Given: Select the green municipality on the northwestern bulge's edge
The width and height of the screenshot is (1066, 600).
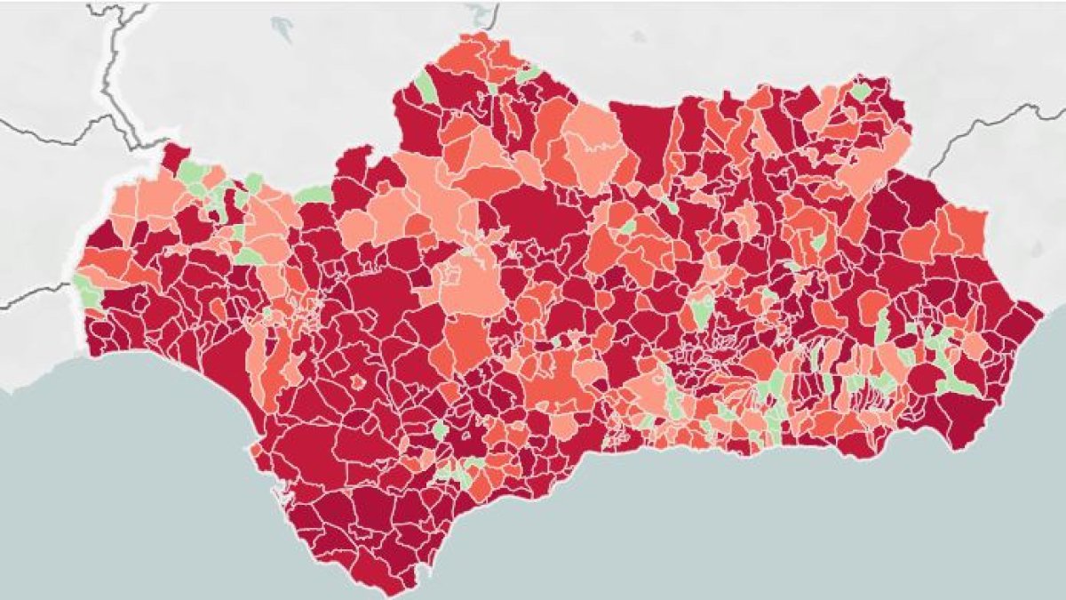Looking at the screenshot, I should click(426, 87).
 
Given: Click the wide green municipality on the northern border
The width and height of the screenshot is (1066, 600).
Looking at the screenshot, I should click(313, 194).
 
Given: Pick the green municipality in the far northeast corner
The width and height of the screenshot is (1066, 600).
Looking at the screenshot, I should click(859, 91).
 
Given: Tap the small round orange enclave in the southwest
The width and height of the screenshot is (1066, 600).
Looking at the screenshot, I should click(358, 382).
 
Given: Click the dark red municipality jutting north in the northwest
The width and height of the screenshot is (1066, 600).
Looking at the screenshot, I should click(174, 155).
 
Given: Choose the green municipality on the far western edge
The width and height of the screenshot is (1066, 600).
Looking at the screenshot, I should click(86, 290).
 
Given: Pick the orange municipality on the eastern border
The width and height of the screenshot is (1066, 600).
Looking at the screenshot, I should click(964, 229).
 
